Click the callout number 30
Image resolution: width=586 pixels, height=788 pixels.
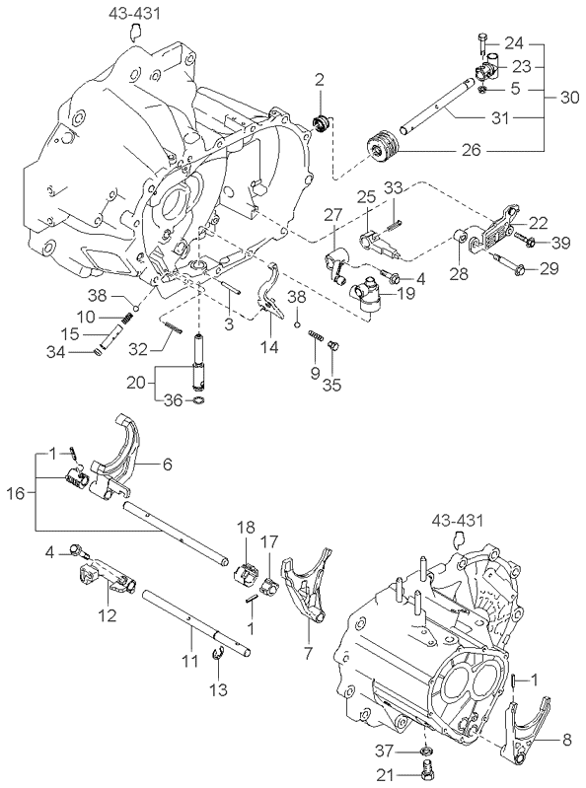pyautogui.click(x=569, y=97)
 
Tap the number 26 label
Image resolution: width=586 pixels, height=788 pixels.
pyautogui.click(x=471, y=150)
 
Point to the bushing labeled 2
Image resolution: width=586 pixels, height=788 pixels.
pyautogui.click(x=322, y=122)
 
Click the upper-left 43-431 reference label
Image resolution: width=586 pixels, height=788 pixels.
pyautogui.click(x=135, y=13)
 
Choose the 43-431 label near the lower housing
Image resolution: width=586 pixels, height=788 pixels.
pyautogui.click(x=457, y=520)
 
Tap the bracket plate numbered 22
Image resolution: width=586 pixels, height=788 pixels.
pyautogui.click(x=495, y=232)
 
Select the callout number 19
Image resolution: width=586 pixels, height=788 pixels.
pyautogui.click(x=405, y=293)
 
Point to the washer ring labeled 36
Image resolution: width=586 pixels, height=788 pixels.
pyautogui.click(x=199, y=400)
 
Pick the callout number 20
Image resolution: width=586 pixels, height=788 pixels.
pyautogui.click(x=136, y=383)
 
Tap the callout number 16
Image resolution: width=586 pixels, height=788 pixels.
pyautogui.click(x=15, y=493)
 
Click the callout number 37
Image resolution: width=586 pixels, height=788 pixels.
pyautogui.click(x=385, y=751)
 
